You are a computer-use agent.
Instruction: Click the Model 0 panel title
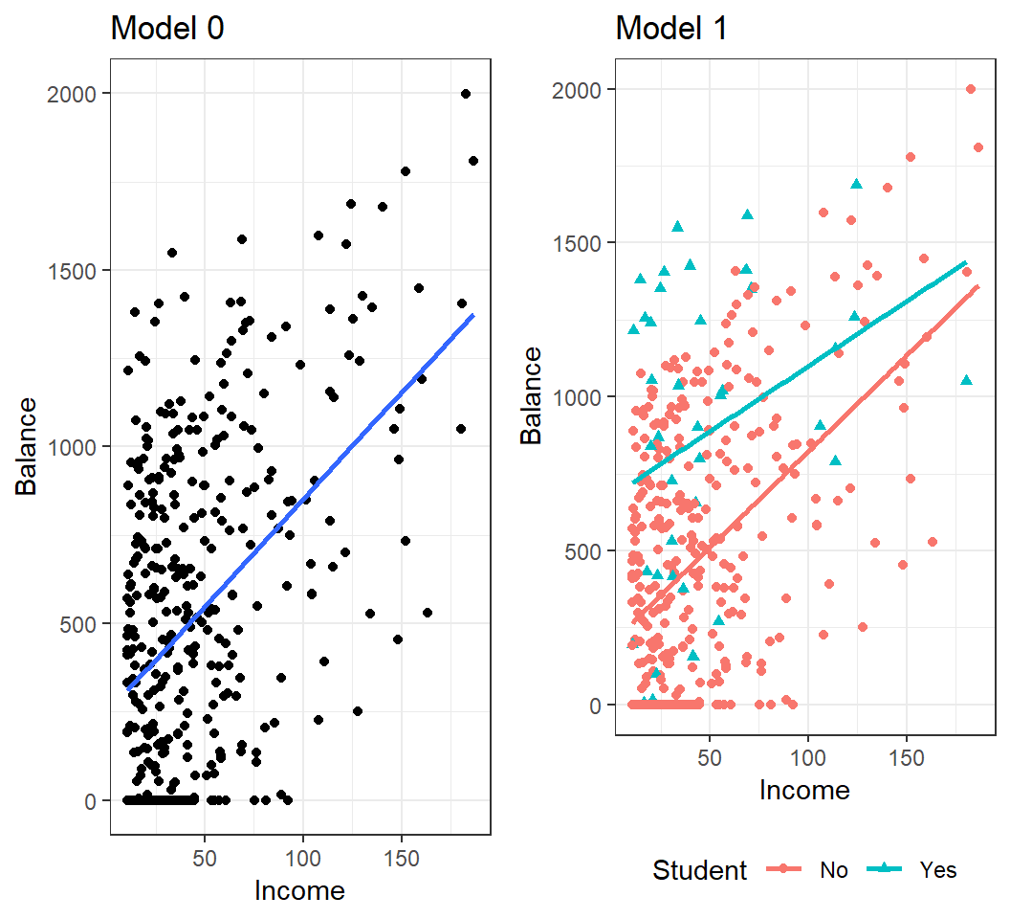coord(168,28)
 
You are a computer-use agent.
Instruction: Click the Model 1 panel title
coord(672,28)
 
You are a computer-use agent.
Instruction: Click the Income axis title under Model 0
coord(299,890)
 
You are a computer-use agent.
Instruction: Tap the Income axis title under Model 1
coord(804,790)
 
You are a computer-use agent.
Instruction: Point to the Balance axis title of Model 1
coord(532,397)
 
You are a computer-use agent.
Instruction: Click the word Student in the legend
coord(699,869)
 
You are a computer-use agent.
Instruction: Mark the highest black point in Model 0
coord(466,94)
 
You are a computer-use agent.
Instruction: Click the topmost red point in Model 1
coord(971,89)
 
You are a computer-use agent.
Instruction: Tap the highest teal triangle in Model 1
coord(857,184)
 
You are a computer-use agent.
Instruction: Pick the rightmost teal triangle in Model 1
coord(966,380)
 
